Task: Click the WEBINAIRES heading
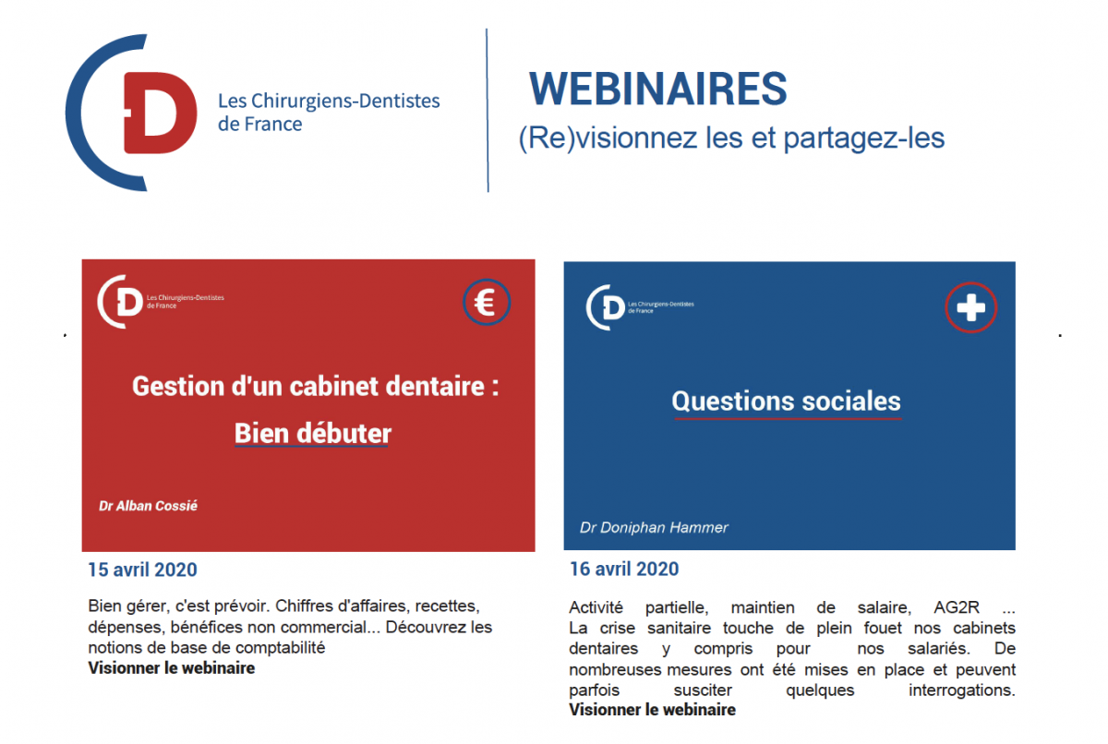tap(657, 89)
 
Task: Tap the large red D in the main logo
tap(160, 113)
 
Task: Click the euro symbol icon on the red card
tap(487, 302)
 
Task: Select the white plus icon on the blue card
tap(970, 307)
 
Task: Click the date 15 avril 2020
tap(142, 570)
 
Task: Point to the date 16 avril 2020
tap(624, 569)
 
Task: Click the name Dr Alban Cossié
tap(148, 506)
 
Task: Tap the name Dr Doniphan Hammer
tap(654, 527)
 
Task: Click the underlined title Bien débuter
tap(313, 434)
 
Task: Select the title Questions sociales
tap(786, 401)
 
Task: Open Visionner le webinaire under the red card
tap(171, 668)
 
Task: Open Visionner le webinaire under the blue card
tap(652, 710)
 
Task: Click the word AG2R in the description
tap(957, 606)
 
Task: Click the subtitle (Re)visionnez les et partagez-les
tap(731, 138)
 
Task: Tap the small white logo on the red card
tap(161, 302)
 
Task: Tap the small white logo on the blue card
tap(640, 307)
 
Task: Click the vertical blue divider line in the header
tap(488, 110)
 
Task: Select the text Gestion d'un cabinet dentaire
tap(308, 386)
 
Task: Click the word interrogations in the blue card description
tap(961, 690)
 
